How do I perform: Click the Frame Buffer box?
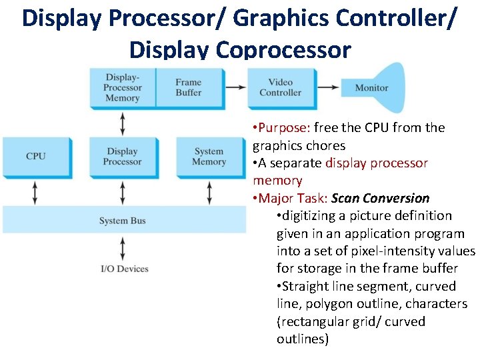pos(189,87)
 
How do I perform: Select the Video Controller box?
pos(280,87)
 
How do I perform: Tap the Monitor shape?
pos(371,87)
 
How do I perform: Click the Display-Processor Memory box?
pos(123,87)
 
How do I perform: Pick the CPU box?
pos(36,156)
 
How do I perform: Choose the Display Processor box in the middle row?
pos(123,156)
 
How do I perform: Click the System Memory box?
pos(209,156)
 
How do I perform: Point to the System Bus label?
pos(123,221)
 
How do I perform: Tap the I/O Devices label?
pos(124,269)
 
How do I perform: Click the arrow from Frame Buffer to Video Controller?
pos(235,87)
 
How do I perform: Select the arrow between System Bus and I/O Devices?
pos(123,247)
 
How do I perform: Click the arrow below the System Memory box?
pos(209,192)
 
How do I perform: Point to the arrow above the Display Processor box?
pos(123,123)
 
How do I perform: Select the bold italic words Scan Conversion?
pos(381,198)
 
